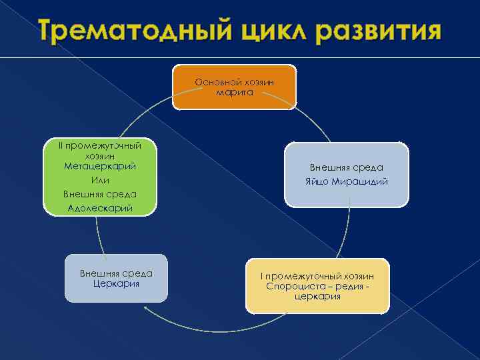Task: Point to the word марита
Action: (x=235, y=92)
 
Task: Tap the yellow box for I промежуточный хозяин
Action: (x=317, y=286)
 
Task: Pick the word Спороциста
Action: (x=289, y=286)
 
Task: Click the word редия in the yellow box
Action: (x=349, y=286)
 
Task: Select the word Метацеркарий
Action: (x=100, y=166)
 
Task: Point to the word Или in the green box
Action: (x=100, y=180)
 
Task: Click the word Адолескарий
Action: (x=100, y=208)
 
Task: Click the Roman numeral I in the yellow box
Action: (x=262, y=276)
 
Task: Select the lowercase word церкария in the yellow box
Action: (x=317, y=296)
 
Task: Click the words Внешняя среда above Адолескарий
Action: (x=100, y=194)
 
